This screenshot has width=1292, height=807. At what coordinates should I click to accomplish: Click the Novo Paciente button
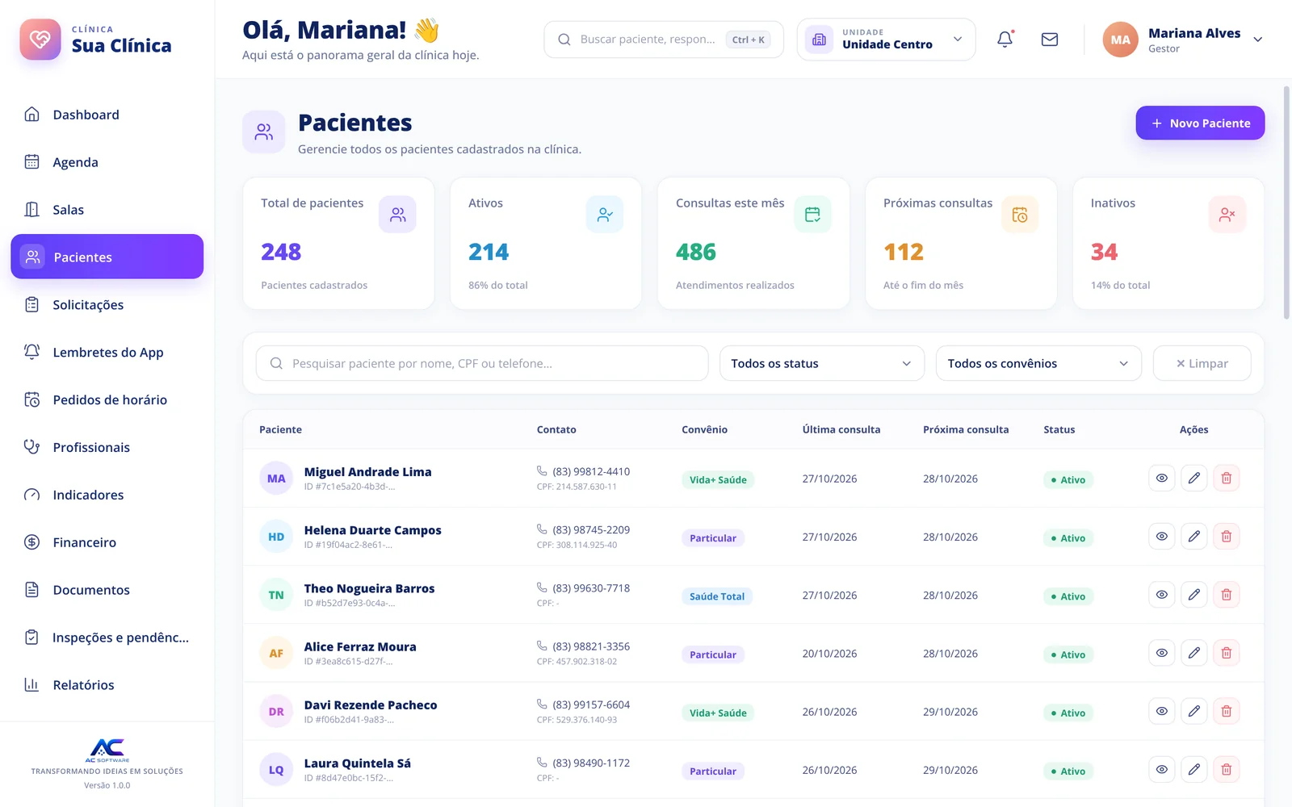click(x=1200, y=123)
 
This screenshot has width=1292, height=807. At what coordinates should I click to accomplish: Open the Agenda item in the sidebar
click(x=75, y=162)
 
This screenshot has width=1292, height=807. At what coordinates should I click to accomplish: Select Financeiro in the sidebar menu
click(x=84, y=541)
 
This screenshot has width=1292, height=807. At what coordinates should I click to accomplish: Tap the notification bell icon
click(x=1005, y=40)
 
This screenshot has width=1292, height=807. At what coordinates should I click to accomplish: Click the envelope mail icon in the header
click(x=1049, y=40)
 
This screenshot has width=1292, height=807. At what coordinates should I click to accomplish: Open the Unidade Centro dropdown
click(x=886, y=40)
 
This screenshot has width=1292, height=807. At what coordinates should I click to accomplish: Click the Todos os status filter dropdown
click(x=821, y=363)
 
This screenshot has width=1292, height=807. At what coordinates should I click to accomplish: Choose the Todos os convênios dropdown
click(x=1038, y=363)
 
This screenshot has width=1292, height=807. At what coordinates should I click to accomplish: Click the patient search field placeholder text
click(x=422, y=363)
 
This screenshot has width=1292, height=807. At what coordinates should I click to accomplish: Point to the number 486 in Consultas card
click(x=695, y=251)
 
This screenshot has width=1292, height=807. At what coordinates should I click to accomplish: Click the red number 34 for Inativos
click(x=1104, y=251)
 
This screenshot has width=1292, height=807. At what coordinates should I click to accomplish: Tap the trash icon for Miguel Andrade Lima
click(x=1227, y=478)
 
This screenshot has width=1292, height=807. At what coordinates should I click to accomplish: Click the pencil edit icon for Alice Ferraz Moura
click(x=1194, y=653)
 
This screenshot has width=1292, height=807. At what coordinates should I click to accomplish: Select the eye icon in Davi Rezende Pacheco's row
click(x=1162, y=711)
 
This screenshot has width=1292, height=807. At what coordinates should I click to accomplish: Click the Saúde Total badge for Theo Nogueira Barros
click(x=717, y=596)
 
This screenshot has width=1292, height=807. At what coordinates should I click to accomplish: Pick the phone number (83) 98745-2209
click(x=591, y=529)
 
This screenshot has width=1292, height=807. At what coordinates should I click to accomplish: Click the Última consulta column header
click(x=841, y=429)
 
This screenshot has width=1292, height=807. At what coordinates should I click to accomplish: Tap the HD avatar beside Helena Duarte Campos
click(x=276, y=536)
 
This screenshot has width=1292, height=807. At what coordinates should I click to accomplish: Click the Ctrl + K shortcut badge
click(x=748, y=40)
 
